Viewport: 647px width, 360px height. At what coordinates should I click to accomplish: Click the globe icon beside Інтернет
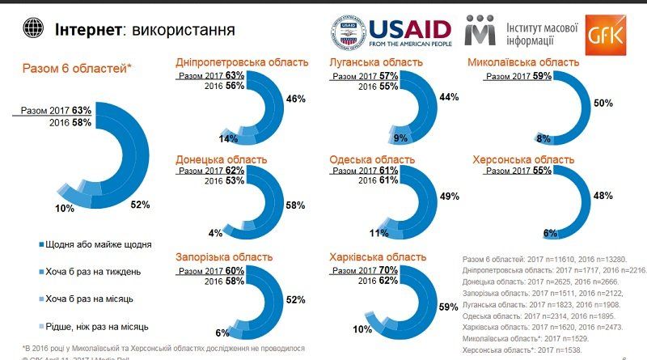coord(32,29)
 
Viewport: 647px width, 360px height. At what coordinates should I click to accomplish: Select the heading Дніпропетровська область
coord(242,62)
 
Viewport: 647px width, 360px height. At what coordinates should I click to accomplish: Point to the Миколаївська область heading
coord(523,62)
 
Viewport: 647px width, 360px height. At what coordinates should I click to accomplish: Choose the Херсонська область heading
coord(523,159)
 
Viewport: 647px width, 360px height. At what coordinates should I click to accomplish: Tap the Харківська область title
coord(378,257)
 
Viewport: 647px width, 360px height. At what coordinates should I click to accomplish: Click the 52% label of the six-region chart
coord(139,205)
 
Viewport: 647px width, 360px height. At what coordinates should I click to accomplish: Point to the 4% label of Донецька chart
coord(216,234)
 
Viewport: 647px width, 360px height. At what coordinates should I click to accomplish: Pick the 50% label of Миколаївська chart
coord(603,104)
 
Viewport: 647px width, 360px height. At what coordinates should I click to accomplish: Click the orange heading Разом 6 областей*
coord(77,70)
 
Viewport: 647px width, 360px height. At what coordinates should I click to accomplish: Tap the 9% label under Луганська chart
coord(377,138)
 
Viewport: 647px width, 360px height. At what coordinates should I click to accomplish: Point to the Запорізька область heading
coord(224,257)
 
